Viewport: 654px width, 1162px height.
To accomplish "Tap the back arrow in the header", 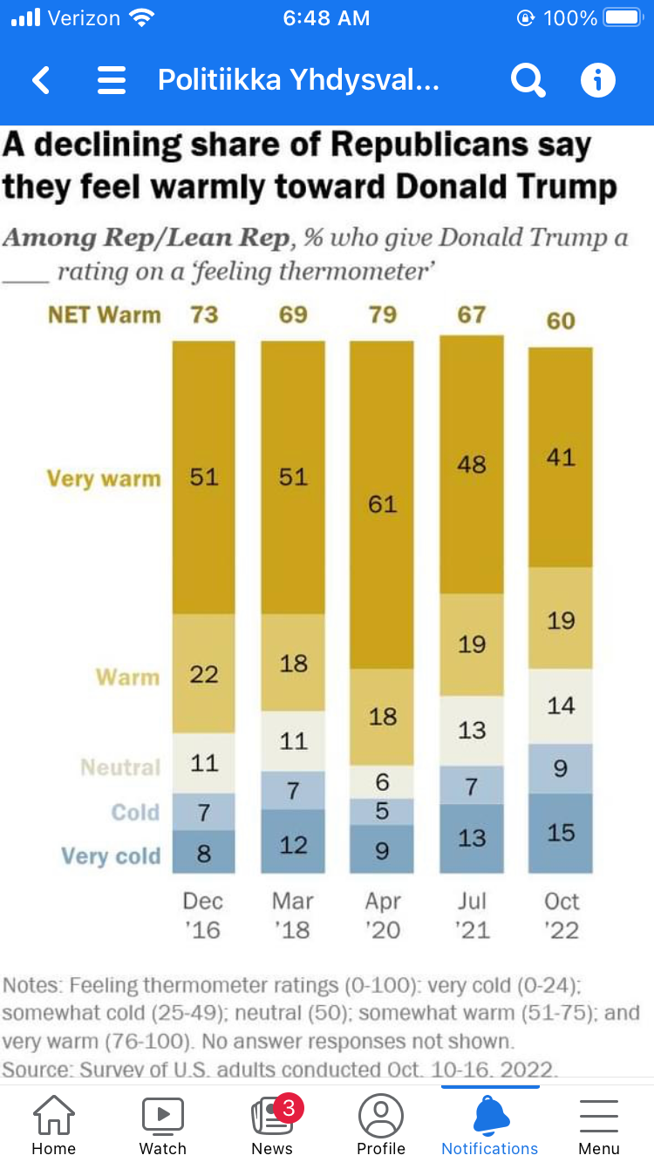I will (x=41, y=81).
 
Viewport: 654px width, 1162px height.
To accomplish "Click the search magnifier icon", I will (x=528, y=81).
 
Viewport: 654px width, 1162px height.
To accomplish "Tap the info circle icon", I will (x=598, y=81).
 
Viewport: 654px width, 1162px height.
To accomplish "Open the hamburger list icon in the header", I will (x=112, y=81).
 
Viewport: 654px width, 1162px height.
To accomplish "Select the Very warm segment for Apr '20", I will (x=382, y=503).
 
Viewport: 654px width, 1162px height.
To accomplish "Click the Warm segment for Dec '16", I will (x=204, y=673).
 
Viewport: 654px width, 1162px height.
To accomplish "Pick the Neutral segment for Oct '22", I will (x=561, y=706).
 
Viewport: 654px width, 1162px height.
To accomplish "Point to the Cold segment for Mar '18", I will (x=293, y=791).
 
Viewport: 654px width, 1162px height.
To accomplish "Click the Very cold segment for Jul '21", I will (x=472, y=838).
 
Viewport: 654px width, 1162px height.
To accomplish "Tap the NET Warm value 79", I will (x=382, y=314).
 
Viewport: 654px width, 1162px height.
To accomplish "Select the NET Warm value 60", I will (x=561, y=321).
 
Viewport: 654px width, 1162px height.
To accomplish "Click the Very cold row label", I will (x=111, y=856).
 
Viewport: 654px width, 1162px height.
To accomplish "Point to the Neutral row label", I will (x=120, y=767).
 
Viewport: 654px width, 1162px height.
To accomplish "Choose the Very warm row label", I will (x=104, y=478).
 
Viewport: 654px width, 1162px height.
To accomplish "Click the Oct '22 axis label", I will (x=562, y=915).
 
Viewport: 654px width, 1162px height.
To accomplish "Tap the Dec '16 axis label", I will (x=203, y=915).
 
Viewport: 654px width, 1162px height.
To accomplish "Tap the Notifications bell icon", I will (x=490, y=1116).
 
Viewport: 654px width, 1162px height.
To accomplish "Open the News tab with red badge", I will (x=272, y=1119).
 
